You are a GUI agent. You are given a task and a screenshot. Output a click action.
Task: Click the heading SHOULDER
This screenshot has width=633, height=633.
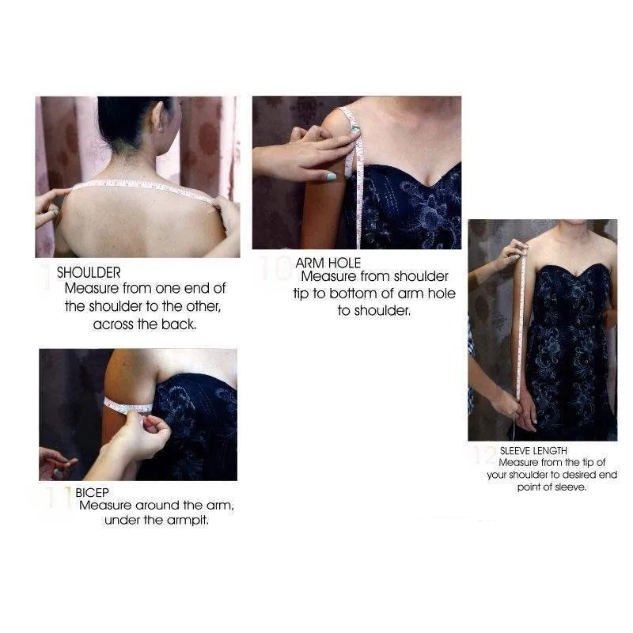89,272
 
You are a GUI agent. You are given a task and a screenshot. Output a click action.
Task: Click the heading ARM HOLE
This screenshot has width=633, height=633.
328,263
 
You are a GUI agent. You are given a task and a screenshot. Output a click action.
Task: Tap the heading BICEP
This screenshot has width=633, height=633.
92,492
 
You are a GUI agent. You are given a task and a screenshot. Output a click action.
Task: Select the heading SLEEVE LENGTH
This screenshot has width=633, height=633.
533,450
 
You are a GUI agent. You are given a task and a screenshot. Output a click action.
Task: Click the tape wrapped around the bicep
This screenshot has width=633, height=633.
128,407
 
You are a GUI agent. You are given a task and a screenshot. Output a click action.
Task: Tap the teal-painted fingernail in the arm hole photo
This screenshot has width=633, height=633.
331,176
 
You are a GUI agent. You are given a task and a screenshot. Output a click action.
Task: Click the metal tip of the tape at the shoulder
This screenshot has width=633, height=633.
355,129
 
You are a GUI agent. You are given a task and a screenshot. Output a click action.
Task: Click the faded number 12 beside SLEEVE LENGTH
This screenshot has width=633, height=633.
485,455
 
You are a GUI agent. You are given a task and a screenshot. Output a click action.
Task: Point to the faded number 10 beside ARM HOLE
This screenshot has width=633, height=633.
275,267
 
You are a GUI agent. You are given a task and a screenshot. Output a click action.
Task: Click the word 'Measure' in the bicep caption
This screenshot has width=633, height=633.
105,506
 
